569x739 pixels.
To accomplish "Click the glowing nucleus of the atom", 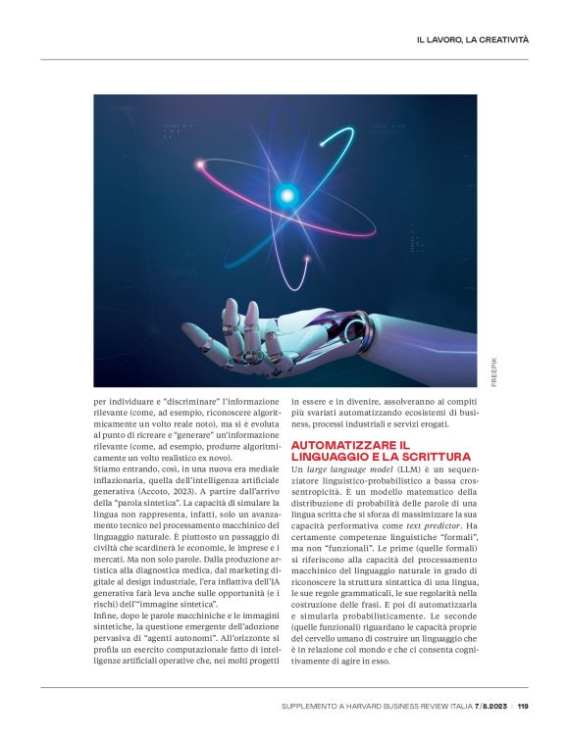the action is (286, 193).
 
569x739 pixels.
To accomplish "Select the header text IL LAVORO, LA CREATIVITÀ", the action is (473, 40).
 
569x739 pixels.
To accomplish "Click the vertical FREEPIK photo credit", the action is (494, 370).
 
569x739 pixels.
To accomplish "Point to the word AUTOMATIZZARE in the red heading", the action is (339, 445).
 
